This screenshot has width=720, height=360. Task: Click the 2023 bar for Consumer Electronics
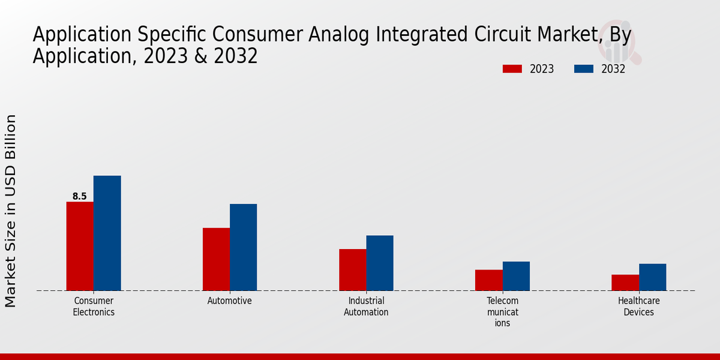coord(80,246)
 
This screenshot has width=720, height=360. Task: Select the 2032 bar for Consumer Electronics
coord(107,233)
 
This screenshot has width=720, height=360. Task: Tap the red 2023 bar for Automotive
coord(216,259)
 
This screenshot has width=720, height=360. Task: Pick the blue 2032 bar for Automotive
coord(243,247)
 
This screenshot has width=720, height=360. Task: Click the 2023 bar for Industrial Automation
coord(352,269)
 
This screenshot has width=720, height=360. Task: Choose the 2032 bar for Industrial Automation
coord(380,263)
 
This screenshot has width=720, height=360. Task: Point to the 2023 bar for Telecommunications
coord(488,280)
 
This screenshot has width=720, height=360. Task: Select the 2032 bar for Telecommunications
coord(516,276)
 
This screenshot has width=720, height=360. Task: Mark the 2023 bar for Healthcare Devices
coord(625,283)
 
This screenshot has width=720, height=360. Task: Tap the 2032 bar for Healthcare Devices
coord(652,277)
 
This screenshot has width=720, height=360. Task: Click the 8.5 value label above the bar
coord(80,196)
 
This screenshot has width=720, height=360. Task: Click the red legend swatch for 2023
coord(512,69)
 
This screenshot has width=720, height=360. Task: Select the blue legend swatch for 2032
coord(583,69)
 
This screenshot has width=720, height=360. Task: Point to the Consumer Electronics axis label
coord(94,306)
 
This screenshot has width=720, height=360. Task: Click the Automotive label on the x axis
coord(230,301)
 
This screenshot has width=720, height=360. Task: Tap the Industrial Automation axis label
coord(366,306)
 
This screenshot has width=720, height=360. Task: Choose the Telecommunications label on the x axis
coord(502,311)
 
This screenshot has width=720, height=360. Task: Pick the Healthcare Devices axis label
coord(638,306)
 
